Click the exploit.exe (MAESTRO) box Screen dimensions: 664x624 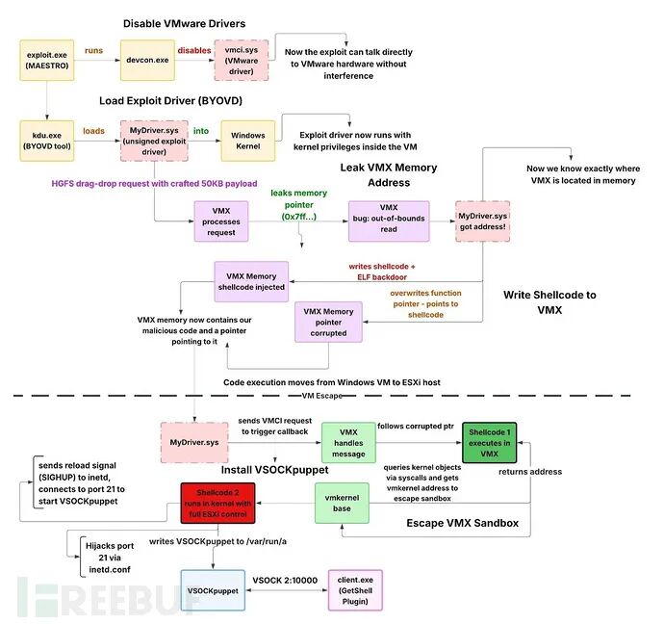coord(47,60)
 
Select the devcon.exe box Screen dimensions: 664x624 coord(147,60)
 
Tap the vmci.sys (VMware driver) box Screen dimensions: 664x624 coord(242,60)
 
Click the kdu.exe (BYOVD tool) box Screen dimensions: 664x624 coord(47,141)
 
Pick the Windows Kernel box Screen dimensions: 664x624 coord(248,141)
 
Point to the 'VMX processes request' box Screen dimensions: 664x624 coord(221,221)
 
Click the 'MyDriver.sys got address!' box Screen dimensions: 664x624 coord(483,221)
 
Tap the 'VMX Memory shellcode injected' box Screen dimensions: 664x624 coord(251,281)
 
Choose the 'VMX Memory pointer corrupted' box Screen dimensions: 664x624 coord(328,322)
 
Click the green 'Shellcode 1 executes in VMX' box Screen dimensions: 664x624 coord(490,443)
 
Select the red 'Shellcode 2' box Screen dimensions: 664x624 coord(217,504)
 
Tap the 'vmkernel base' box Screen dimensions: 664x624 coord(342,504)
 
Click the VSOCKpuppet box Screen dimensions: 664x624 coord(213,590)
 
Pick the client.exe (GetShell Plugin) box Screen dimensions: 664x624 coord(355,590)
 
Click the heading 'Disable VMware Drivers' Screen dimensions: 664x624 coord(184,24)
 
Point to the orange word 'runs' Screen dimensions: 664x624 coord(93,50)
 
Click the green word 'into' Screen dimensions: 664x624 coord(201,131)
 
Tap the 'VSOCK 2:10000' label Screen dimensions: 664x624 coord(285,581)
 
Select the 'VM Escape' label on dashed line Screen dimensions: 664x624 coord(322,396)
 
